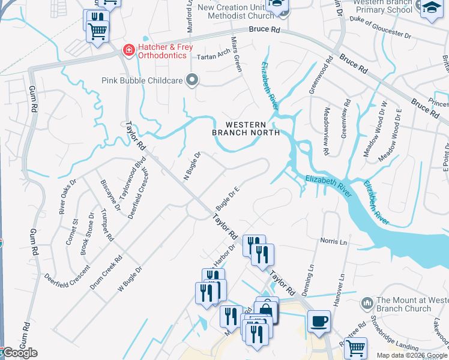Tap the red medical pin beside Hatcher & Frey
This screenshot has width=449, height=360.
pos(128,50)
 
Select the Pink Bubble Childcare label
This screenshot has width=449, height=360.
pos(142,80)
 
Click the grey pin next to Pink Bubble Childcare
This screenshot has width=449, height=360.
pos(192,80)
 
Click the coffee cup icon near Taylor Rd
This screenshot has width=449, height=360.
pos(319,320)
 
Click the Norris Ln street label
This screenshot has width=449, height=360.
pos(334,242)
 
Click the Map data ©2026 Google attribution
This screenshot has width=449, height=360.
pos(412,355)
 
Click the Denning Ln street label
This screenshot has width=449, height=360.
pos(312,277)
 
